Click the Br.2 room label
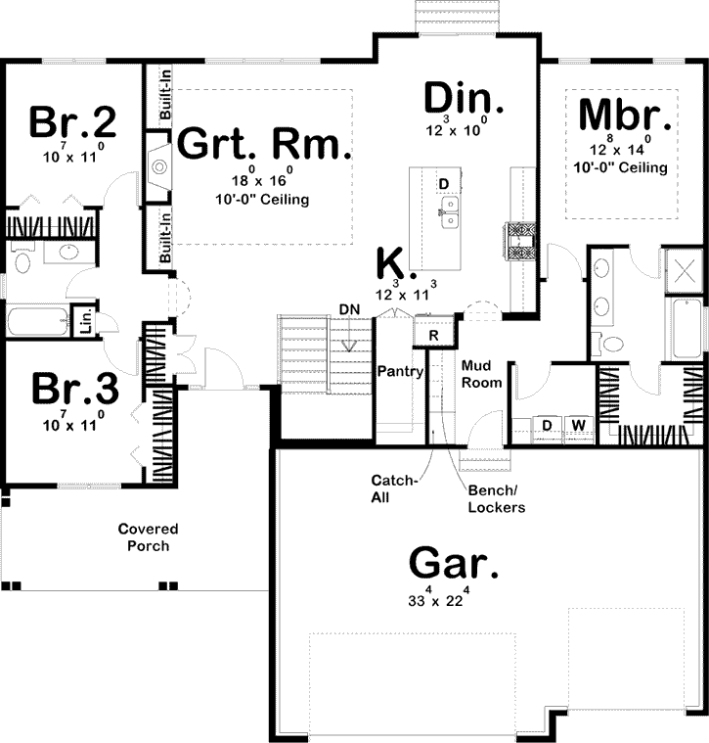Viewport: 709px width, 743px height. tap(73, 122)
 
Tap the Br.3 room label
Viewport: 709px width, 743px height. tap(73, 389)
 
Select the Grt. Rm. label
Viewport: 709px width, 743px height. tap(263, 144)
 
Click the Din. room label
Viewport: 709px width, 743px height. tap(464, 98)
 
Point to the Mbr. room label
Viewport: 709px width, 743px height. tap(626, 116)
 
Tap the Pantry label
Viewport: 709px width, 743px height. tap(401, 372)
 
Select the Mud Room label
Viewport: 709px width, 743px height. tap(481, 374)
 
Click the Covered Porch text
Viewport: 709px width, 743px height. tap(148, 537)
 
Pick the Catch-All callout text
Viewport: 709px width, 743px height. tap(394, 488)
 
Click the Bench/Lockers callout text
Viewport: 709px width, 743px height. tap(496, 500)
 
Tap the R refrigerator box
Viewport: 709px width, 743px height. tap(433, 335)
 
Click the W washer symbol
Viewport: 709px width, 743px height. tap(578, 425)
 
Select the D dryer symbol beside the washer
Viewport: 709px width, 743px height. tap(548, 425)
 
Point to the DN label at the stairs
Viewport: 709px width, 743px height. tap(350, 309)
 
